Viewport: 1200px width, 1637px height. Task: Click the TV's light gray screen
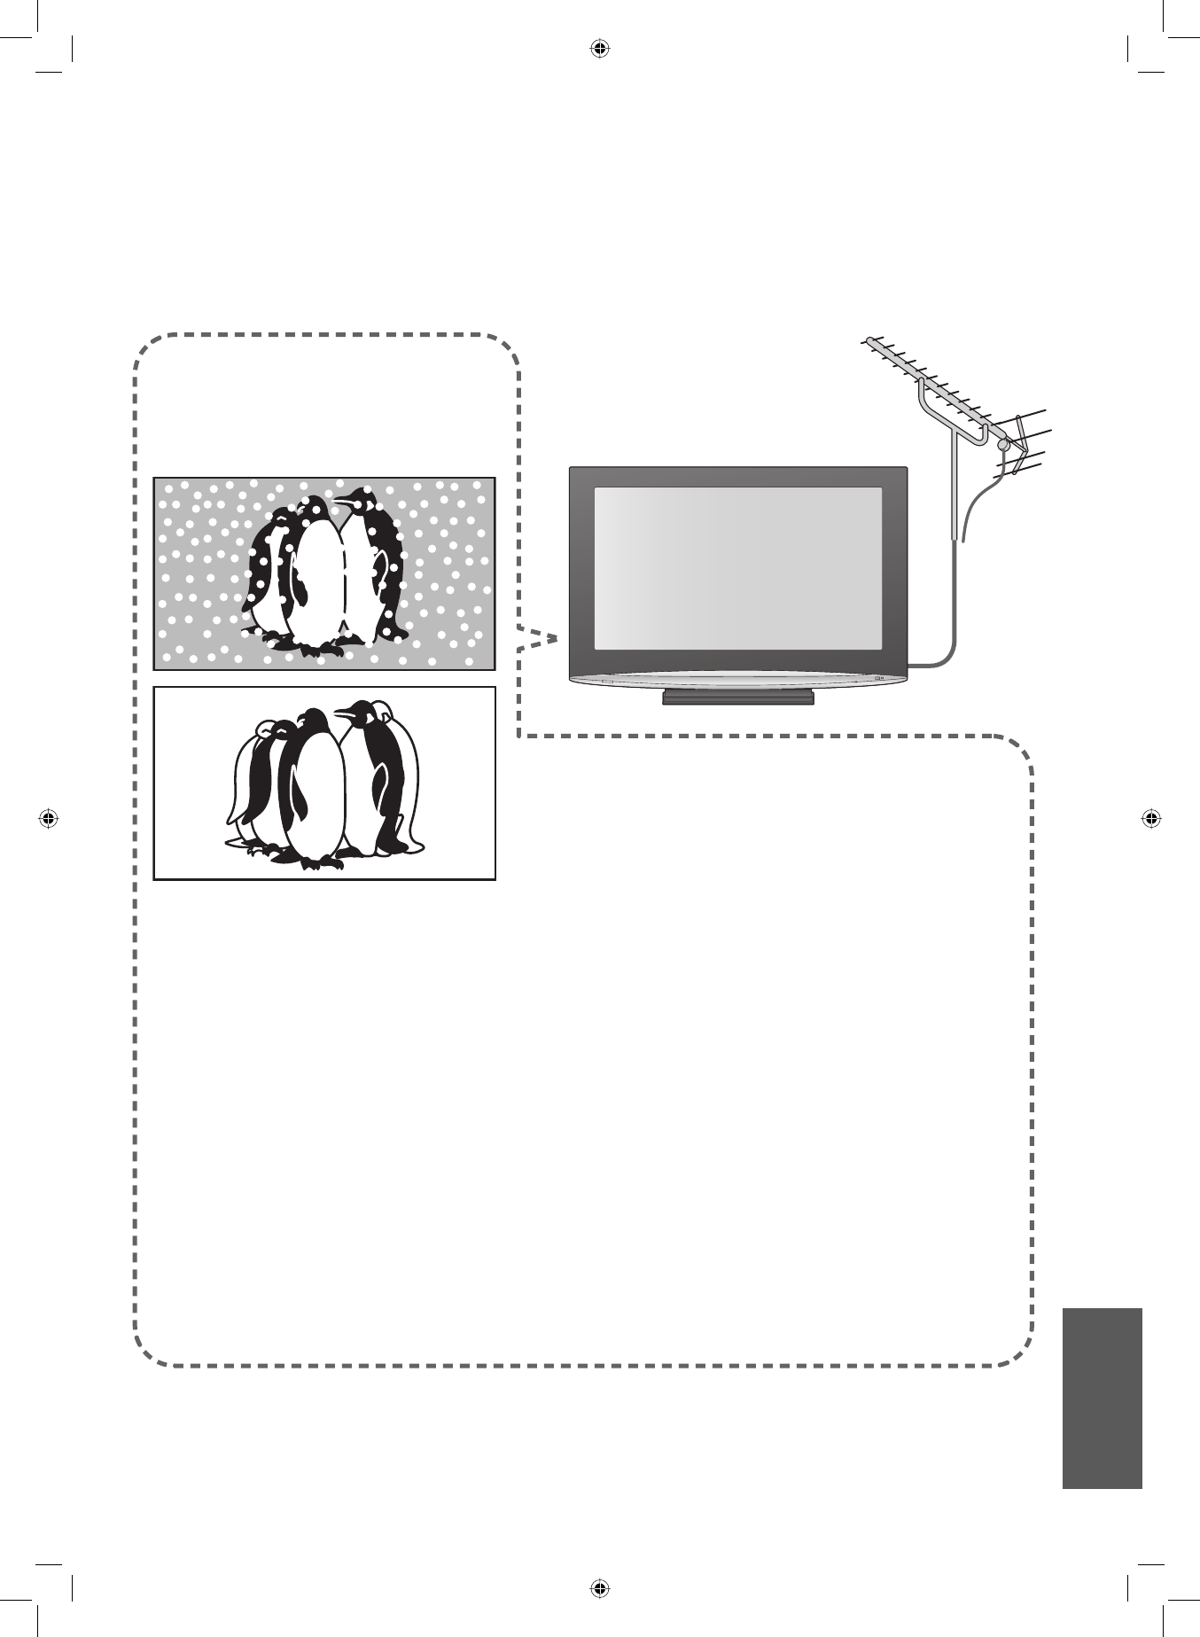tap(737, 567)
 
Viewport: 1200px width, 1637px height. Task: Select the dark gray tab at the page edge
tap(1102, 1399)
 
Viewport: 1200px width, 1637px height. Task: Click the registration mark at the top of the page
tap(600, 49)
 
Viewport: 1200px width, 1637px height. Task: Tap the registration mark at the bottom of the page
tap(600, 1586)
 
